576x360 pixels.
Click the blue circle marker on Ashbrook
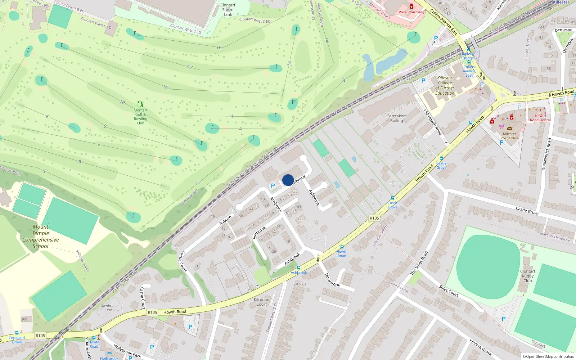288,180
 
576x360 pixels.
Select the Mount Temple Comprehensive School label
40,237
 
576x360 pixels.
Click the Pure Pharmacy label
411,12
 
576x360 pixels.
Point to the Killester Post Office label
509,136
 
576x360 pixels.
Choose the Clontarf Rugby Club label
527,276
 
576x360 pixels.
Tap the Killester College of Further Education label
445,85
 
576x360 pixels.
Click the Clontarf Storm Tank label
228,10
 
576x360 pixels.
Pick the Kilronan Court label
261,302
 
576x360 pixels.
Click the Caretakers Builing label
396,118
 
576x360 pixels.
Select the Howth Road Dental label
540,118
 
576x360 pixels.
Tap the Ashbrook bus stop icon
298,268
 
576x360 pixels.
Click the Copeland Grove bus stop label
17,340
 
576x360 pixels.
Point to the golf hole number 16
219,47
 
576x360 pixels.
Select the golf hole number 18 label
166,87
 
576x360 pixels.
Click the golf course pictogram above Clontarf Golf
140,104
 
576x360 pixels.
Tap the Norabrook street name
332,280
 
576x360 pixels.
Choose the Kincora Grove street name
480,347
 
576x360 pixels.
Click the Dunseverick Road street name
546,154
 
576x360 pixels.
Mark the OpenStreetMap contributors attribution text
548,356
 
